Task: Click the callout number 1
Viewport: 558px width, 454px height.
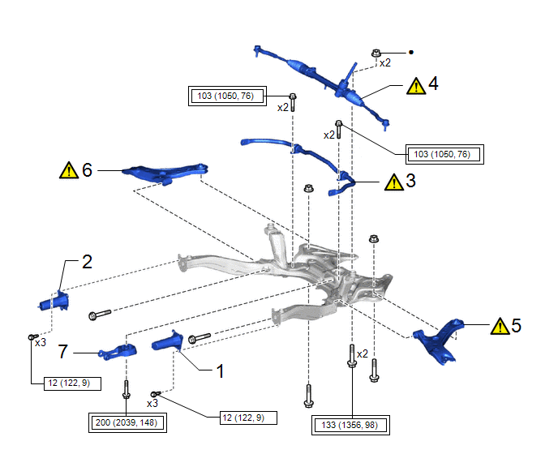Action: point(219,372)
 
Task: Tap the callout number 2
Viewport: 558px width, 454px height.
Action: point(87,262)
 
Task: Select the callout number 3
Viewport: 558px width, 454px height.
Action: point(410,182)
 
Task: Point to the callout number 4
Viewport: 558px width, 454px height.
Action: point(433,84)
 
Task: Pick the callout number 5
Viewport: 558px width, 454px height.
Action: point(516,326)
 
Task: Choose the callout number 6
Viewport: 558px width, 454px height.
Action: point(87,169)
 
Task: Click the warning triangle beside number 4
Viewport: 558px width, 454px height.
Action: point(415,85)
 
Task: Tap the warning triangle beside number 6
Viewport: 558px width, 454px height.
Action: point(68,170)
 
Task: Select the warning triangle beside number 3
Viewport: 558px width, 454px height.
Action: point(393,182)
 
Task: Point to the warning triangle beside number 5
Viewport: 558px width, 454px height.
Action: point(498,327)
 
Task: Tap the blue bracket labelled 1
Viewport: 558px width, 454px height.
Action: point(169,340)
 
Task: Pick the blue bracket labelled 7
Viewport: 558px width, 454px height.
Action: point(117,353)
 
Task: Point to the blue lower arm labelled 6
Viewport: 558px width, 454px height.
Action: point(165,173)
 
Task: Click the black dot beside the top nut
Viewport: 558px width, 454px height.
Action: point(411,53)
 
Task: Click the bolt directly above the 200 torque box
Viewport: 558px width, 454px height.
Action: point(127,390)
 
